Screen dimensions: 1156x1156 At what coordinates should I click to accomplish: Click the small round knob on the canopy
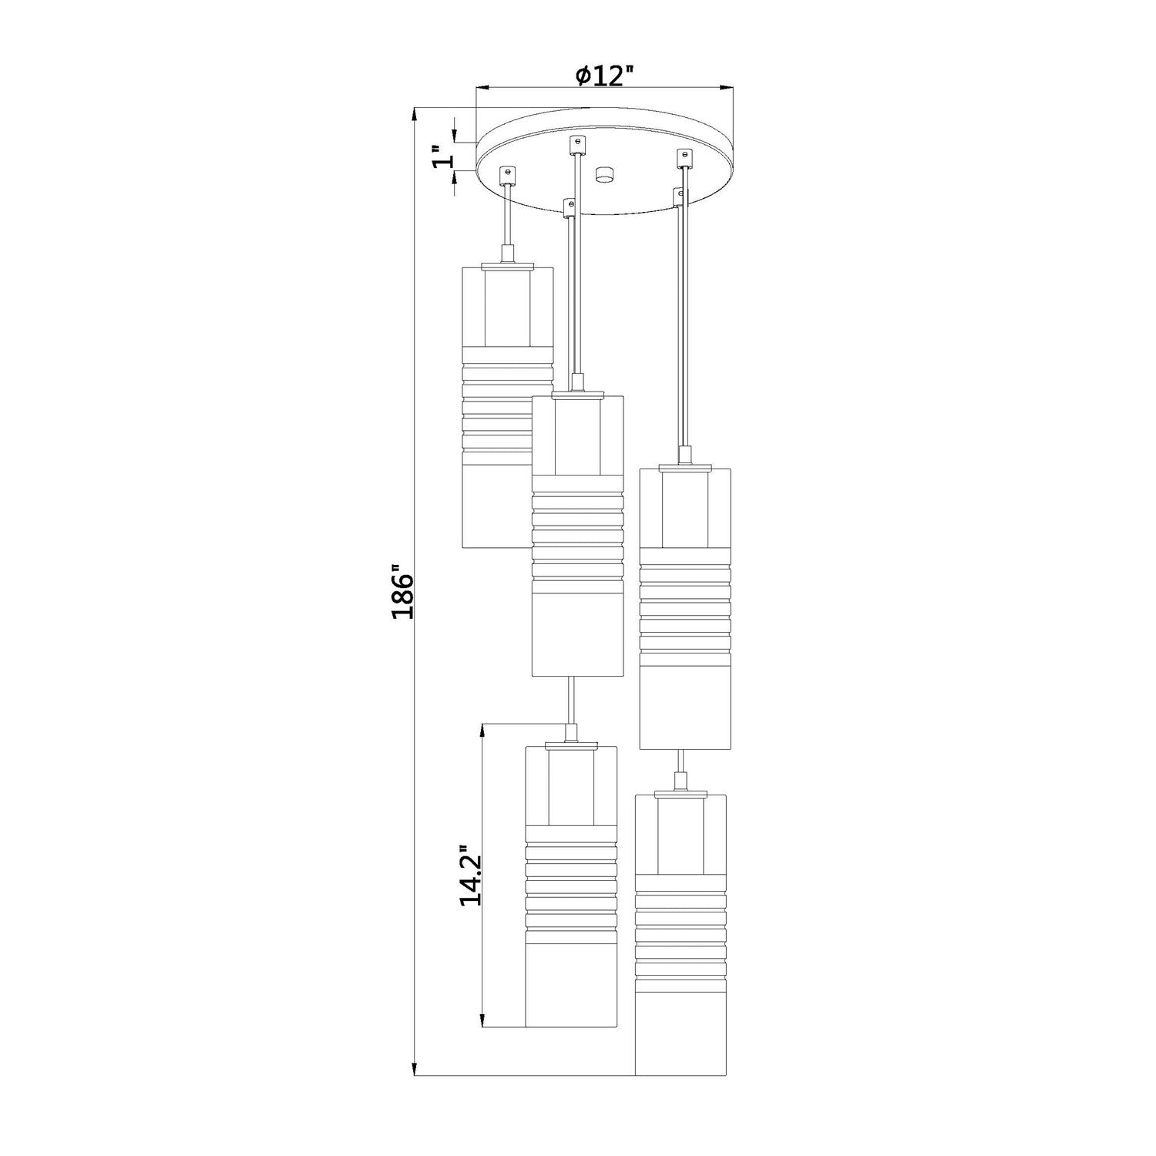click(x=603, y=174)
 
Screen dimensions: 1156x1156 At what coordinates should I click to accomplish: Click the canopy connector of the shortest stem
click(x=507, y=175)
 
